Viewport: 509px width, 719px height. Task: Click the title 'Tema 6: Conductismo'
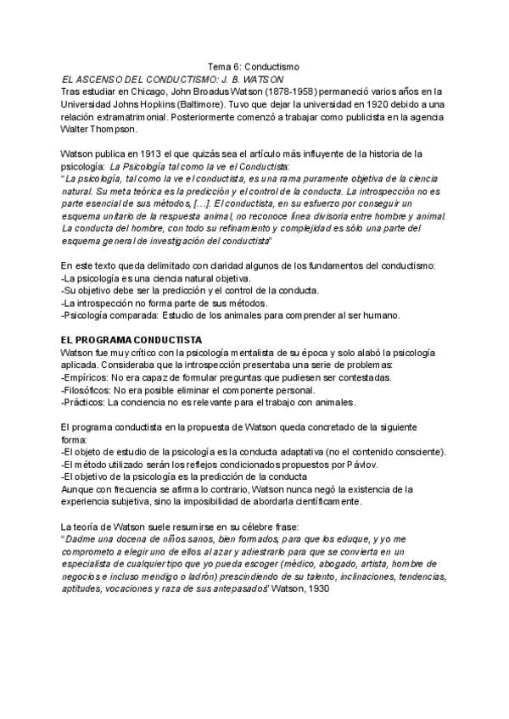pos(254,67)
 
